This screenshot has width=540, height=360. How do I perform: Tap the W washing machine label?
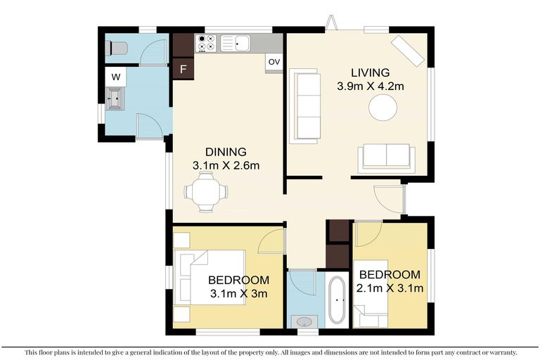tap(115, 76)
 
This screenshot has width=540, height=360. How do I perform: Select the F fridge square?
tap(183, 69)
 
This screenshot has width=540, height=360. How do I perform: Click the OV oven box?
tap(274, 63)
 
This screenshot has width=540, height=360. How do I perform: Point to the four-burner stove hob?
tap(207, 44)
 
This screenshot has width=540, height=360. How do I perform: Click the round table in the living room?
tap(383, 108)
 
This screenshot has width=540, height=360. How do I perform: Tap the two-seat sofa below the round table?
tap(386, 157)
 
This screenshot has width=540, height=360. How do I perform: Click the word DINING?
tap(226, 152)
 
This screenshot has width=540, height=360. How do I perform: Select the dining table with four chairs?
tap(206, 191)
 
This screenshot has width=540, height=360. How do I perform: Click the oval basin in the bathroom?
tap(304, 321)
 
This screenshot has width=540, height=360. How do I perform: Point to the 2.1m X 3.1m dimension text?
tap(390, 288)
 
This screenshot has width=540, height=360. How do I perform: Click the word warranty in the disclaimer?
tap(500, 352)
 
